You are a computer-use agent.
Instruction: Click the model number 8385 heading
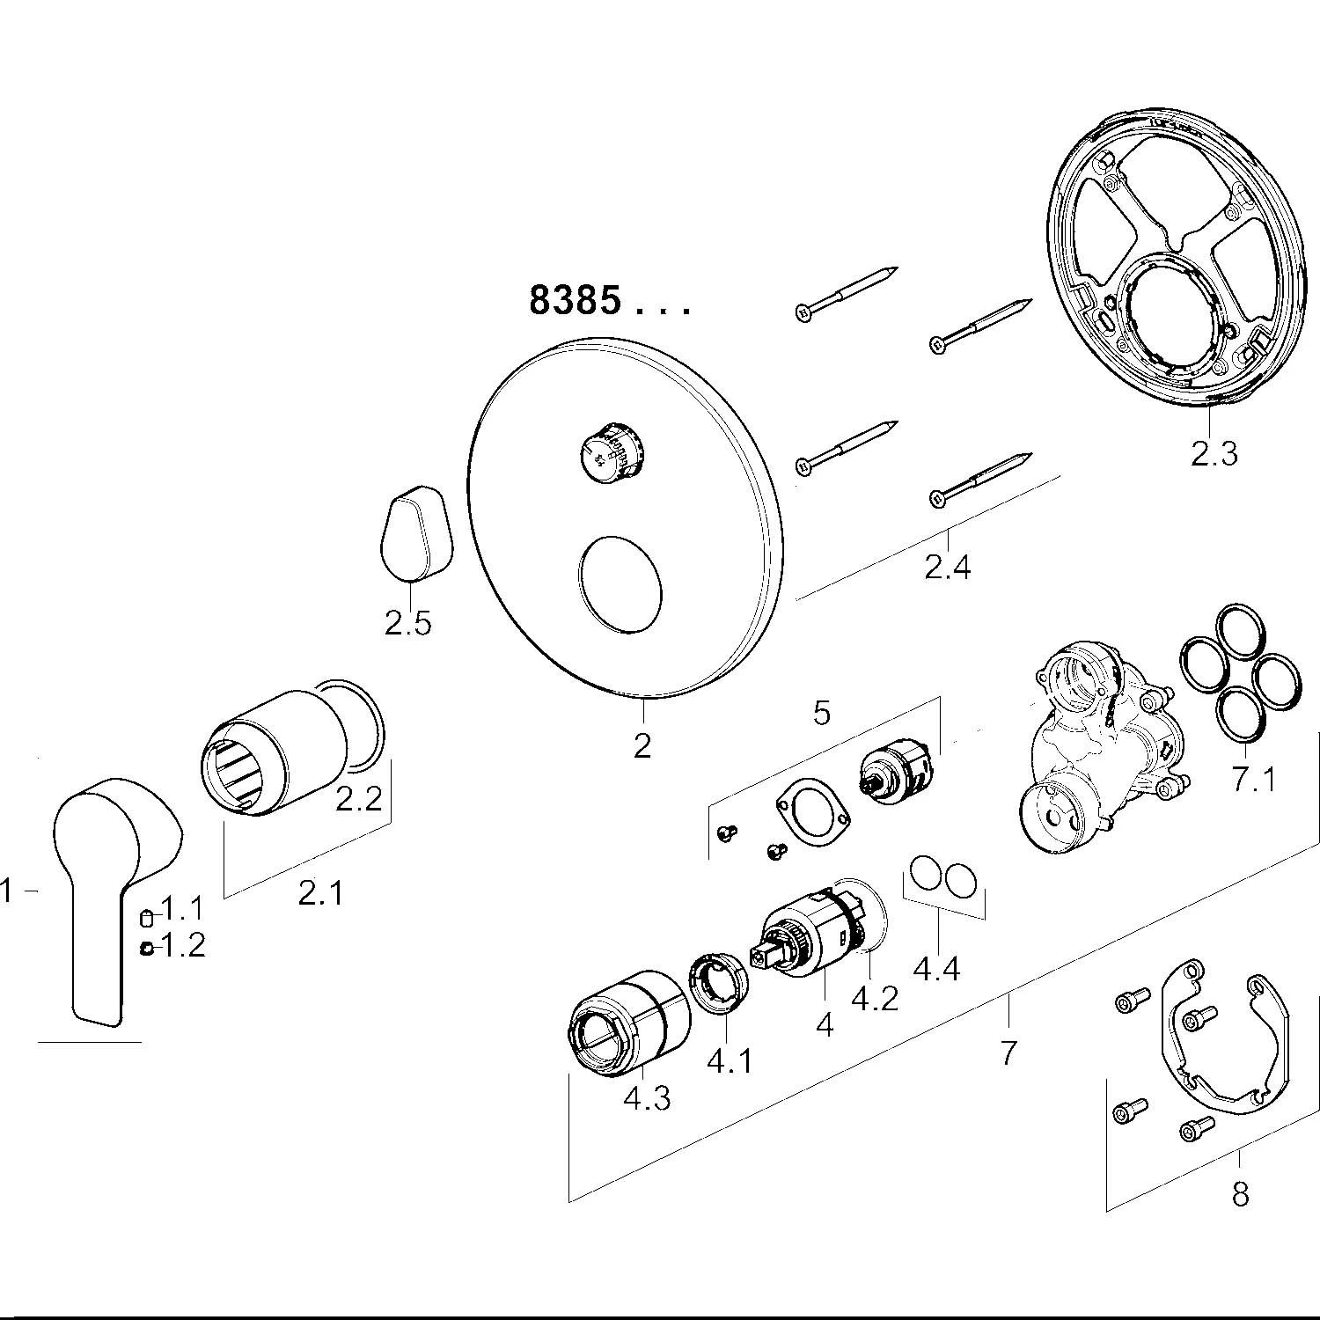[x=576, y=299]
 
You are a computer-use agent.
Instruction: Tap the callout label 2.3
[x=1214, y=453]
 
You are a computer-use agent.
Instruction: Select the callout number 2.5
[x=408, y=623]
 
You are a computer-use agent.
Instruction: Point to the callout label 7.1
[x=1253, y=779]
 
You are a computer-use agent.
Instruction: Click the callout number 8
[x=1240, y=1194]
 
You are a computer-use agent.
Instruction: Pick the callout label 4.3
[x=647, y=1097]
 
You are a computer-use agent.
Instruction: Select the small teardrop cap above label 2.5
[x=416, y=532]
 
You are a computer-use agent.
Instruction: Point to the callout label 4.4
[x=937, y=970]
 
